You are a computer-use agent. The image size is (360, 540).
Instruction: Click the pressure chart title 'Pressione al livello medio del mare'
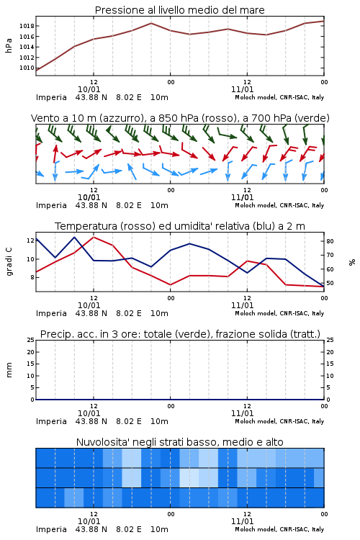pos(179,10)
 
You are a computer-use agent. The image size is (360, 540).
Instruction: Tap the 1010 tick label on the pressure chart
pos(27,68)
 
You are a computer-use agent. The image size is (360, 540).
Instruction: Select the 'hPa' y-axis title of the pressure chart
pos(9,45)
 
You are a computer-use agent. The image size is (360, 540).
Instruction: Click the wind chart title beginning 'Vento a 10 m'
pos(180,118)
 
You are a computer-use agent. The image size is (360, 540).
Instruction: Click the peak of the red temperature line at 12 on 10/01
pos(94,237)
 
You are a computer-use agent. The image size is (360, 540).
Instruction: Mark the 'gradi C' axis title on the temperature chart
pos(9,261)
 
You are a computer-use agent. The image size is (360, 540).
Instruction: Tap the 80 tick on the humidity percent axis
pos(330,241)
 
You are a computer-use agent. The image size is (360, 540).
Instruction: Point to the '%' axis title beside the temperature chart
pos(352,262)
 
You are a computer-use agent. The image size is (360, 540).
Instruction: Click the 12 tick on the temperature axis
pos(30,240)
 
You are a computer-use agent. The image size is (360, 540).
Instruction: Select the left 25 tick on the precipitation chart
pos(31,340)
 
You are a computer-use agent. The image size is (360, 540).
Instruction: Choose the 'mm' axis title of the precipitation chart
pos(9,370)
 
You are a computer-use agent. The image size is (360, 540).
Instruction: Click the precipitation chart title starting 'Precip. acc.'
pos(180,334)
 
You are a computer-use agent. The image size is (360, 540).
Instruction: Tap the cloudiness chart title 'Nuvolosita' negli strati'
pos(179,442)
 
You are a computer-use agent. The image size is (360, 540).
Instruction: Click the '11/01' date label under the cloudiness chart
pos(242,521)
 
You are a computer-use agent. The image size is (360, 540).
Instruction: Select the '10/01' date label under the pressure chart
pos(89,89)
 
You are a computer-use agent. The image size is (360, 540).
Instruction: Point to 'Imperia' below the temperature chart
pos(51,313)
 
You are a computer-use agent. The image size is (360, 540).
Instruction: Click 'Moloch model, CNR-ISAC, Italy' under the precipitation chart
pos(279,421)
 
